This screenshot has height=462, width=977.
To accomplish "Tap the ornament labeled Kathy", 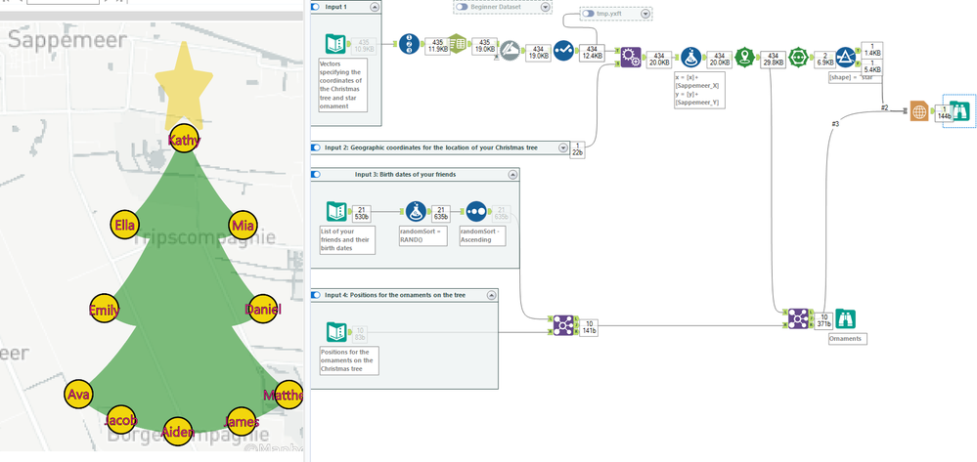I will click(x=184, y=140).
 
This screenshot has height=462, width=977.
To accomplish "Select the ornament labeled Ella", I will click(x=125, y=225).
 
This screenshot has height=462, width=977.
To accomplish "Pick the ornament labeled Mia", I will click(x=243, y=225).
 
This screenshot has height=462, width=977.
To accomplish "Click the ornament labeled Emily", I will click(x=104, y=310).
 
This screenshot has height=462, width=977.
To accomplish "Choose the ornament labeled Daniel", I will click(x=262, y=310).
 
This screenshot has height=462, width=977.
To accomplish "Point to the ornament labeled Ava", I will click(x=78, y=395).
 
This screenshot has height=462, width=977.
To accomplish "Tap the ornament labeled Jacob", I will click(x=122, y=420).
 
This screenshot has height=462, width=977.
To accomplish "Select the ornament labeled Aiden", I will click(x=178, y=431).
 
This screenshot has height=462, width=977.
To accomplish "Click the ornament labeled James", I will click(x=241, y=421).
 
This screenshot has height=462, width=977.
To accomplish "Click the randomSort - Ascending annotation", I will click(x=480, y=239).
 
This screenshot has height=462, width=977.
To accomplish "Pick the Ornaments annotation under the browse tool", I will click(x=846, y=338).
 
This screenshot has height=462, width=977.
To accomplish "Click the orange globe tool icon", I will click(x=917, y=111).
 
